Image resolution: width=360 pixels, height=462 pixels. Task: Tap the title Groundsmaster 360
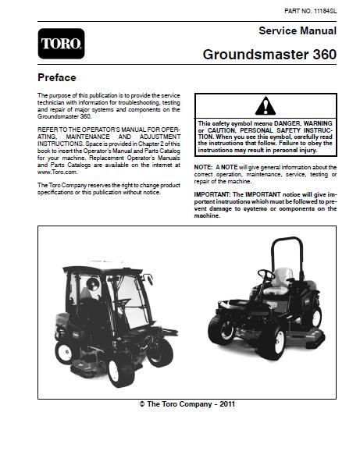coord(269,55)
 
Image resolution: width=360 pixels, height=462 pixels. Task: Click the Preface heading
coord(57,78)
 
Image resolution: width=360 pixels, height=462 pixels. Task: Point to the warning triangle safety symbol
coord(266,107)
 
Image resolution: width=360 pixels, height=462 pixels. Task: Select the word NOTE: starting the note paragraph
coord(203,168)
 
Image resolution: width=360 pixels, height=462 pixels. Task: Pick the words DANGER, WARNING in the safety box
coord(296,123)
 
